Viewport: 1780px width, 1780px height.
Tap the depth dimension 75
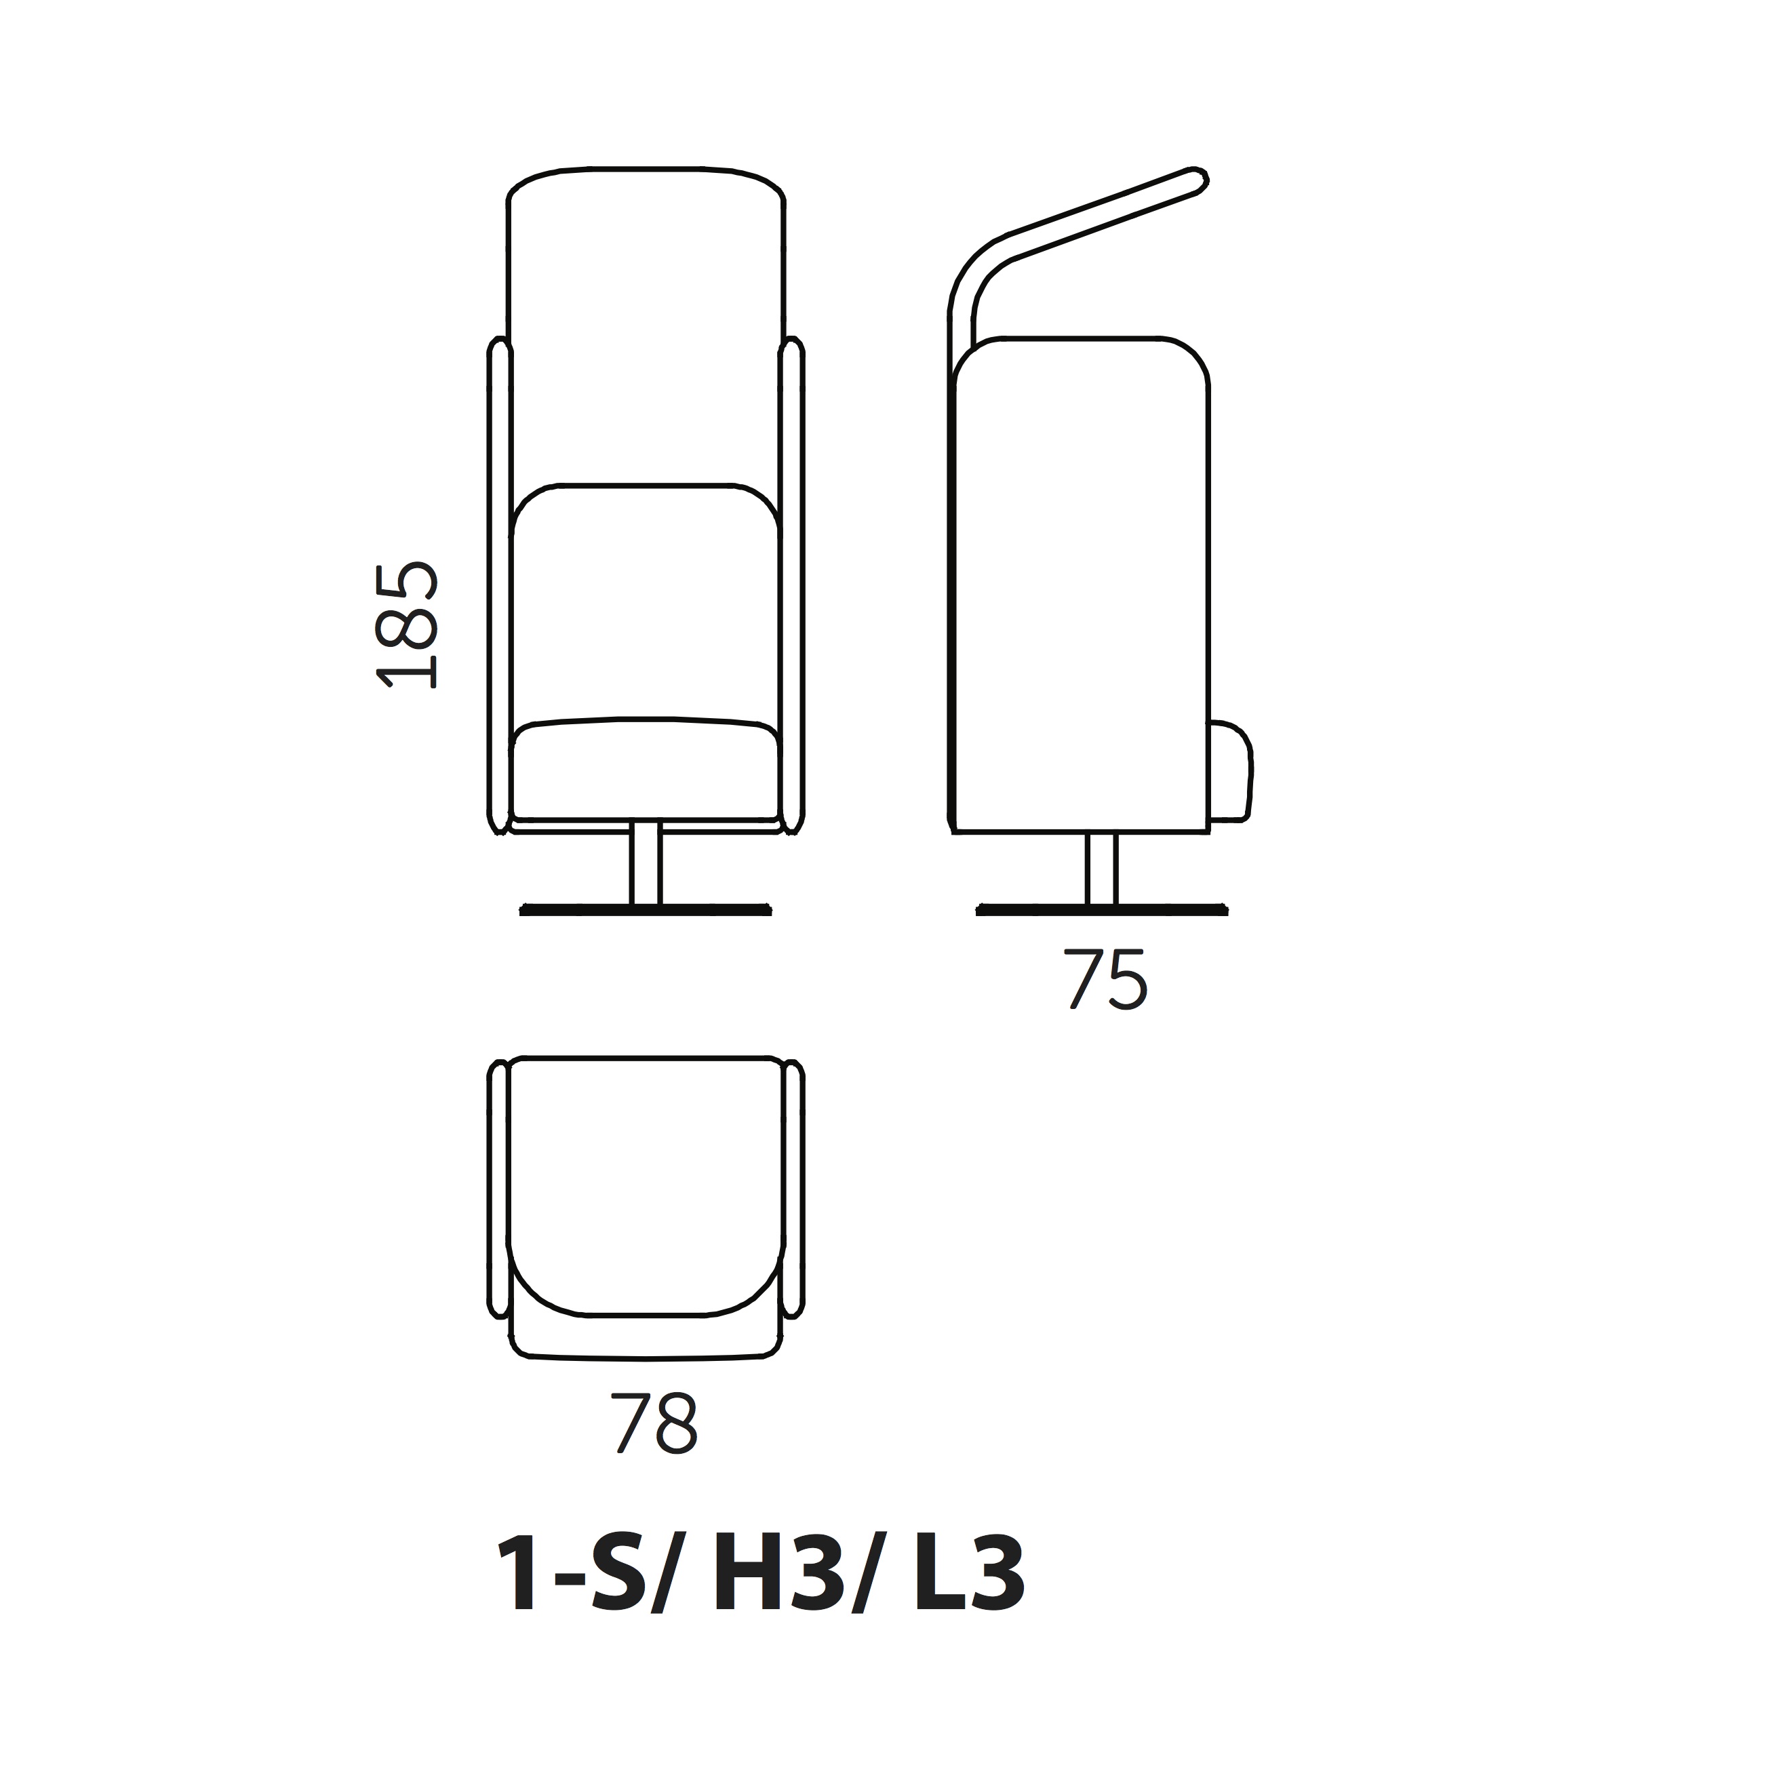click(1107, 981)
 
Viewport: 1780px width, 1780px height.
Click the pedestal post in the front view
click(646, 864)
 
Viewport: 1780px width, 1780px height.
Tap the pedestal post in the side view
click(1101, 869)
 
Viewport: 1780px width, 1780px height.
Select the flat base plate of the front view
click(645, 910)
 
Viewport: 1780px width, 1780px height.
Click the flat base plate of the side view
click(1101, 910)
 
